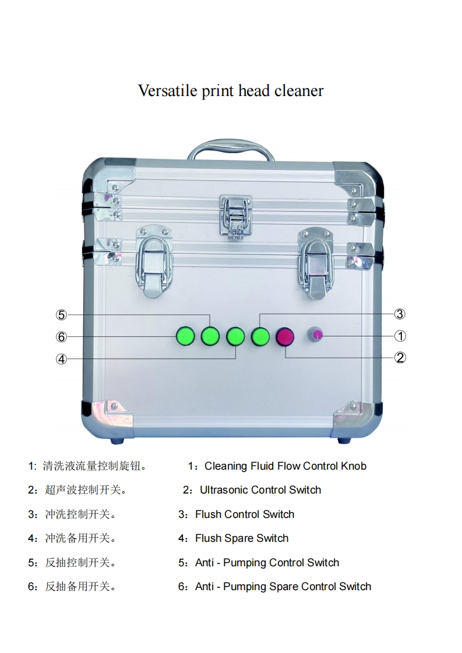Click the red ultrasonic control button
point(285,336)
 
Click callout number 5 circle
point(62,315)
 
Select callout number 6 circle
point(62,336)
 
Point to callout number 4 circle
point(62,359)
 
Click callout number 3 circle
point(400,314)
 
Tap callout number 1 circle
point(400,336)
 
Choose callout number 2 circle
point(400,357)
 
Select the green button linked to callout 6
point(185,336)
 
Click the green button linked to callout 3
point(260,336)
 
